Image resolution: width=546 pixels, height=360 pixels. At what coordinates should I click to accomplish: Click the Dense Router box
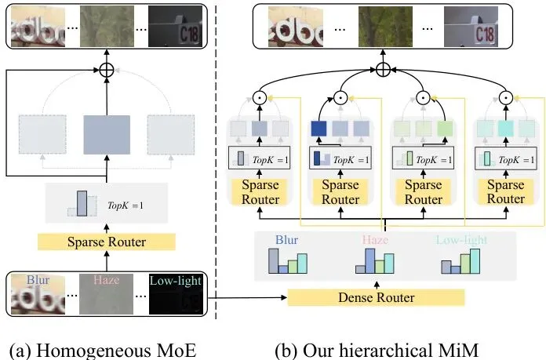click(x=375, y=297)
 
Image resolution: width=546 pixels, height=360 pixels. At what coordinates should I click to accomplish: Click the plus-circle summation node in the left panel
click(x=106, y=71)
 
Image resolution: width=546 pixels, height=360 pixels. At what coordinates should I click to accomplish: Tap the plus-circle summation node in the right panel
click(x=382, y=71)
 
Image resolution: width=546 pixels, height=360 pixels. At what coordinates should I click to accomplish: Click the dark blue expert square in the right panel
click(x=319, y=129)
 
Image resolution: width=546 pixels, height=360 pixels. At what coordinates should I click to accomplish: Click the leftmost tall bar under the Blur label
click(x=273, y=261)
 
